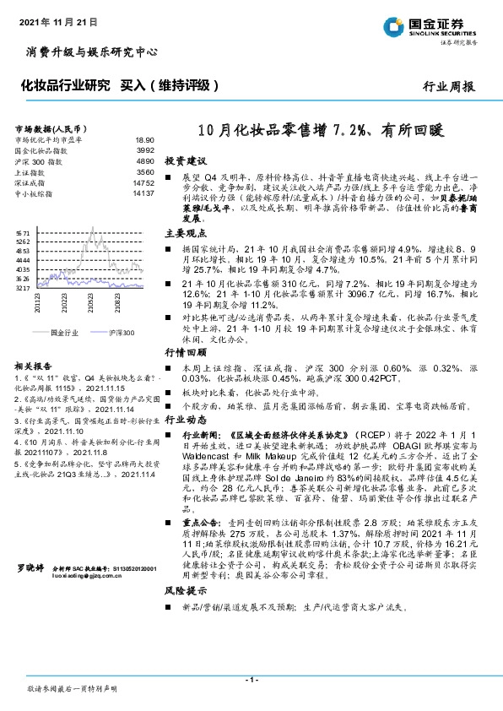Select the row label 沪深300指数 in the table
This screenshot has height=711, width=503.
coord(38,160)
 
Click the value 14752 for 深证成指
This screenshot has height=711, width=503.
coord(143,182)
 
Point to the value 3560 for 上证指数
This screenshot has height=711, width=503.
coord(144,171)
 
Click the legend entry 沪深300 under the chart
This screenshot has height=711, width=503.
coord(121,334)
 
